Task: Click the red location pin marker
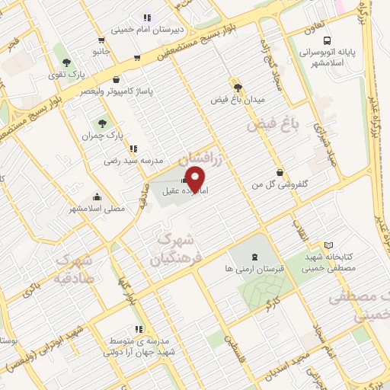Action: (196, 181)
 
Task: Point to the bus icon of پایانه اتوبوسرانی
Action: (326, 40)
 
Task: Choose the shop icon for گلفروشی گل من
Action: (281, 172)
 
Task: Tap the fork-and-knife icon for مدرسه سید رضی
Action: (133, 149)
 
